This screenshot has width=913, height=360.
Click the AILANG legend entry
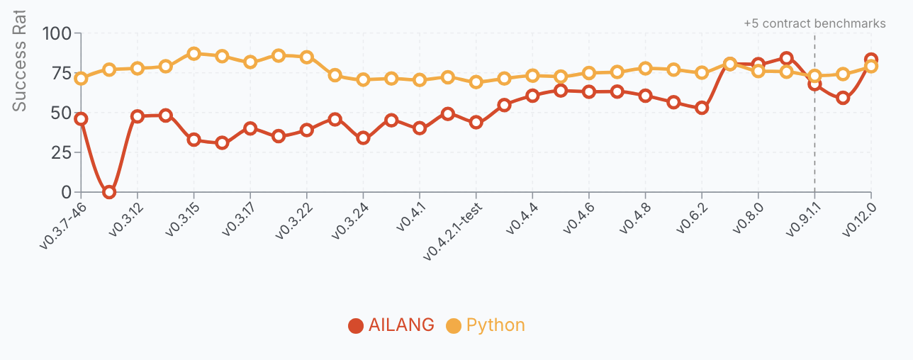(391, 325)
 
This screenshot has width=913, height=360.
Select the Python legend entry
(486, 325)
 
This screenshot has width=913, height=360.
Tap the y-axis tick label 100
(57, 33)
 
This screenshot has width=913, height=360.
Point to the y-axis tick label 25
(62, 152)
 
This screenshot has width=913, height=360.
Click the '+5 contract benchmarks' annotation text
(814, 23)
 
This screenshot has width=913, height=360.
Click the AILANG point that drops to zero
(109, 192)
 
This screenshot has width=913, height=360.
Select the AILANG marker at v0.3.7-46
(81, 119)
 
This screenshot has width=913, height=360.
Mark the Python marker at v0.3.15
(194, 54)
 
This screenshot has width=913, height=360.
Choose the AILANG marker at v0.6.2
(702, 108)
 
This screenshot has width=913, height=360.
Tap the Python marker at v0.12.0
(871, 67)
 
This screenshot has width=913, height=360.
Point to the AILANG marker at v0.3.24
(363, 137)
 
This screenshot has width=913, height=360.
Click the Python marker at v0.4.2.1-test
(476, 81)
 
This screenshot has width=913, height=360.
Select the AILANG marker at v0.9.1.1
(814, 84)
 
